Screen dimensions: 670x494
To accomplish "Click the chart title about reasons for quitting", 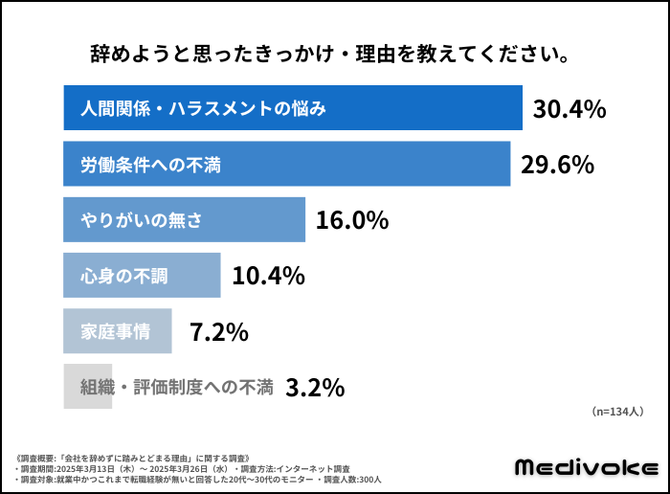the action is (x=330, y=55).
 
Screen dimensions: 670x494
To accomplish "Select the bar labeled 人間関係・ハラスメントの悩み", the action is (x=293, y=107).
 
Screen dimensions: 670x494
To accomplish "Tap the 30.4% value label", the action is (x=569, y=108).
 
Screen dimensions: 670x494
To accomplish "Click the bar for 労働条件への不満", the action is (x=287, y=164).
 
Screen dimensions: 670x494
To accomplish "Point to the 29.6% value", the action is (x=557, y=165).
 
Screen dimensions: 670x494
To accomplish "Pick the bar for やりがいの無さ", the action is (x=184, y=219).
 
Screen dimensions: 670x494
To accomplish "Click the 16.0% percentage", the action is (x=352, y=220).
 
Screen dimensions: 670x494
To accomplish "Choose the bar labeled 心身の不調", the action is (x=142, y=275).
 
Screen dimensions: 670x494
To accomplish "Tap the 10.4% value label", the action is (x=268, y=276).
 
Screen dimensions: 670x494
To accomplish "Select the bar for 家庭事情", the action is (x=118, y=330).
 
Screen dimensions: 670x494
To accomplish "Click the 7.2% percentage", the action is (x=219, y=331).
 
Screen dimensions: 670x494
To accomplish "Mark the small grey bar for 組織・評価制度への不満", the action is (x=88, y=387).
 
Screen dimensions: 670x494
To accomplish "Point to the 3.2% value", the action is (x=315, y=388).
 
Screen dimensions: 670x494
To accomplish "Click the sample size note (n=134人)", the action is (x=617, y=412).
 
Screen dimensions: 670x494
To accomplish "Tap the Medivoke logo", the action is (x=587, y=467).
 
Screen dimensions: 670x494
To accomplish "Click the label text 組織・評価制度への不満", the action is (x=176, y=387).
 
